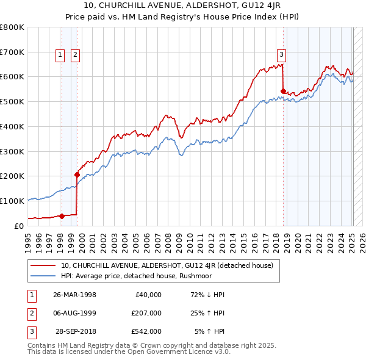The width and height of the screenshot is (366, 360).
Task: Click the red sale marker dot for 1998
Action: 62,215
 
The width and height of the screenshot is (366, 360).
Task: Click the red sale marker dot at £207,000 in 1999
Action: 77,175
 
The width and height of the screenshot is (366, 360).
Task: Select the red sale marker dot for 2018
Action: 283,91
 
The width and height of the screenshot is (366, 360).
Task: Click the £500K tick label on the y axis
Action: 12,101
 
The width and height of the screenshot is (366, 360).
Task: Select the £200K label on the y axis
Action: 12,176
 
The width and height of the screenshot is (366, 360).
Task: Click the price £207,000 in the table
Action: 146,313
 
